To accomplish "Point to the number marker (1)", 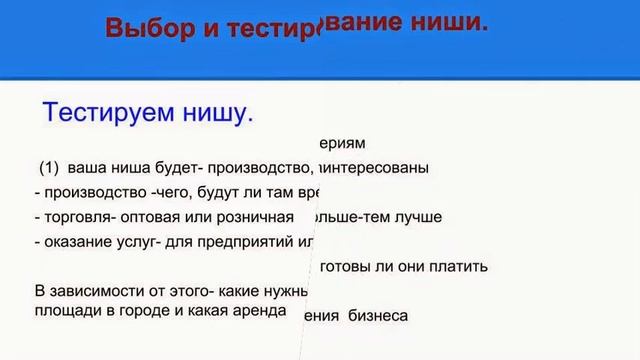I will (50, 167).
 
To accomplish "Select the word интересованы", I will (379, 167).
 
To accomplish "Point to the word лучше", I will (417, 216).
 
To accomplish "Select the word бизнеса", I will (378, 316).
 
